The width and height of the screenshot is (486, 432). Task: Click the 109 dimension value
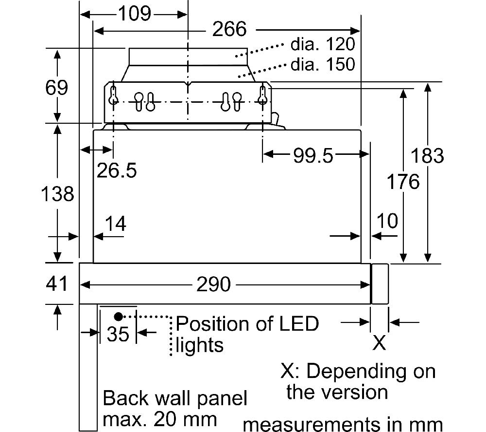[135, 14]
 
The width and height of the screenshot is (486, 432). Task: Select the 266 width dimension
[229, 29]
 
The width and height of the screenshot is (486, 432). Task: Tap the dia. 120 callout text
[323, 44]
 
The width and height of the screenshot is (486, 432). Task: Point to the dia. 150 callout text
[323, 64]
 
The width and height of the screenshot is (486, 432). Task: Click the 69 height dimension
[56, 87]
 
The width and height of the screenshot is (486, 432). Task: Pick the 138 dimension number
[57, 194]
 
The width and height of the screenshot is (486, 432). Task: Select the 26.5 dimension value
[117, 170]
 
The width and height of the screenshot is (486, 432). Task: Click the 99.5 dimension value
[313, 155]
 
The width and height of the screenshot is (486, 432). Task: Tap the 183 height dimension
[427, 155]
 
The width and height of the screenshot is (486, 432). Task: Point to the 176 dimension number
[403, 182]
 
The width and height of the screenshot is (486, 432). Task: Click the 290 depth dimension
[213, 284]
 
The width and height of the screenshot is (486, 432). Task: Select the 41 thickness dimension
[56, 283]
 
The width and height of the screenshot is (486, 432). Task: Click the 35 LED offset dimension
[118, 334]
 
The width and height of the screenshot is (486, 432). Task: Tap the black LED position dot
[118, 317]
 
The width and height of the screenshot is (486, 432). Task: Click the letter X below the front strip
[379, 342]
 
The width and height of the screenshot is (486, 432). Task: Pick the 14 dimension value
[115, 224]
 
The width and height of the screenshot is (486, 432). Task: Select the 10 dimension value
[387, 221]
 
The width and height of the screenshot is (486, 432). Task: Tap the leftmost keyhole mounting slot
[113, 95]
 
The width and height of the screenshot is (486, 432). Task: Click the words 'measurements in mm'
[343, 424]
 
